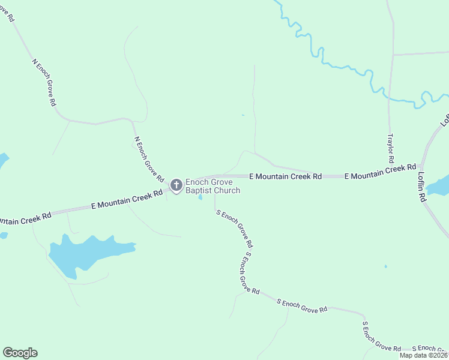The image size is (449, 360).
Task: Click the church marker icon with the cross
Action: (176, 185)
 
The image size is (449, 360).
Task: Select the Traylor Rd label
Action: (391, 148)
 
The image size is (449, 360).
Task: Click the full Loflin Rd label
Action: (422, 187)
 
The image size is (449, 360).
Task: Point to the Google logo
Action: (20, 353)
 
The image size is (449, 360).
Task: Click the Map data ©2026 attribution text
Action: (423, 355)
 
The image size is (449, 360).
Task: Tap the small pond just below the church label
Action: (200, 197)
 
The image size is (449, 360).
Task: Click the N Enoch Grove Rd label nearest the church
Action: (149, 159)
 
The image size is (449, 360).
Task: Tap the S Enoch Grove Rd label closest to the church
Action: (234, 229)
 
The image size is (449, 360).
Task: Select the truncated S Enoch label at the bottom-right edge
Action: (431, 349)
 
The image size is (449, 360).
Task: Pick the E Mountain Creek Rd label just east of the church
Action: (286, 176)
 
